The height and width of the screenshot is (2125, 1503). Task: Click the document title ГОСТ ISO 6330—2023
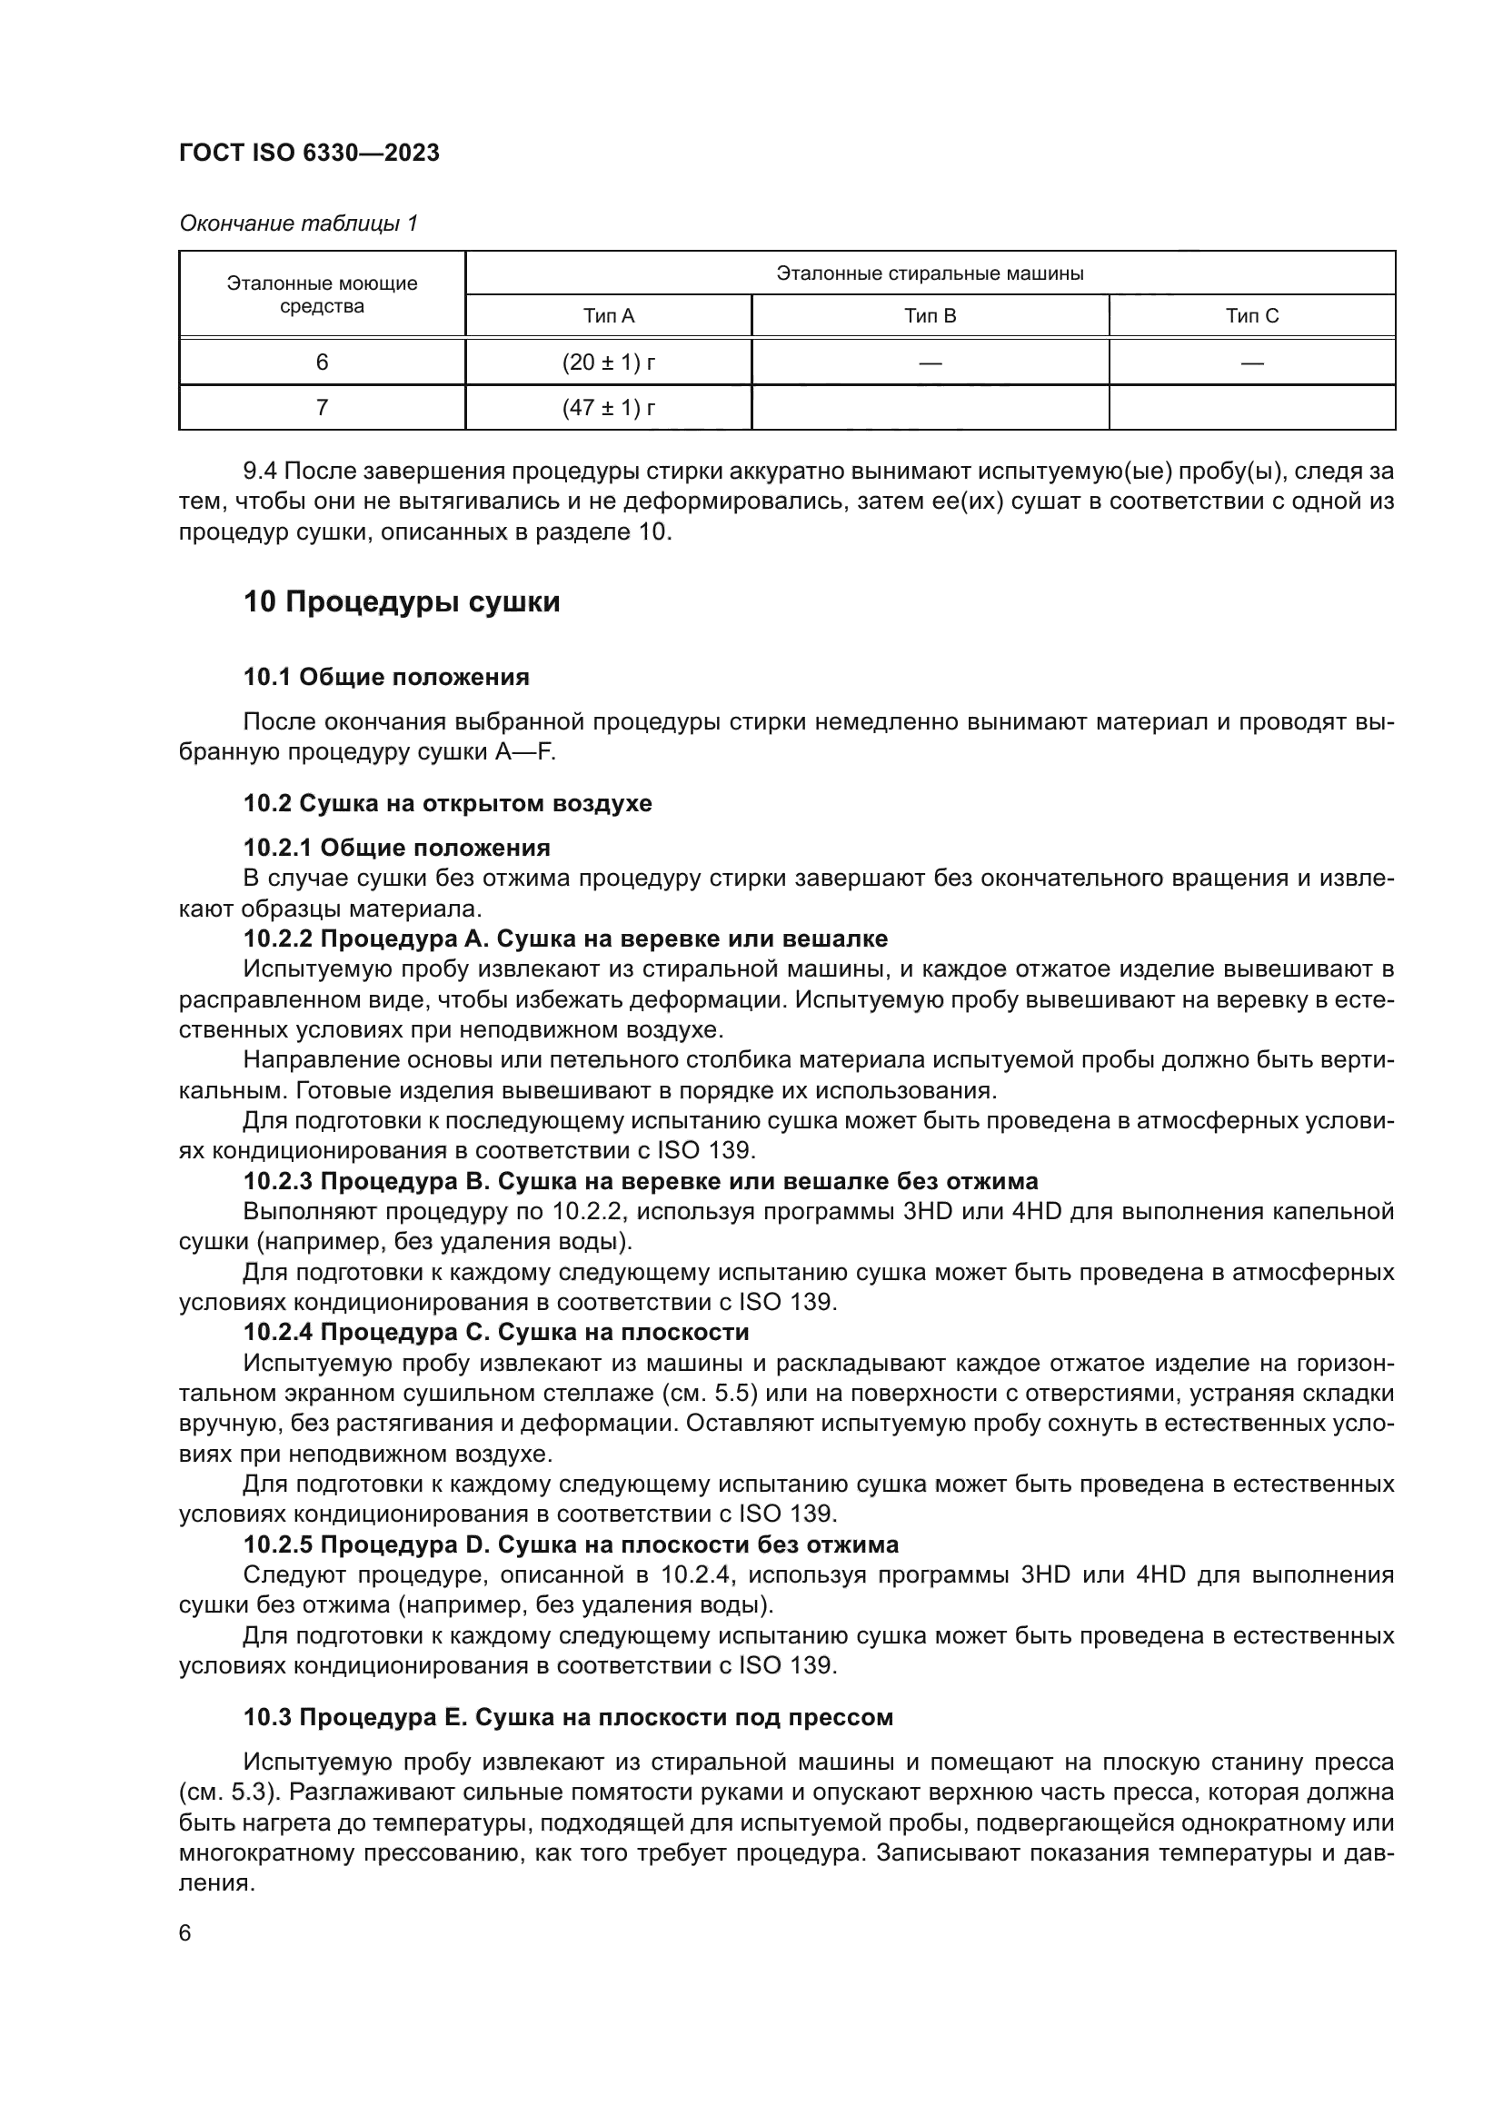[x=309, y=154]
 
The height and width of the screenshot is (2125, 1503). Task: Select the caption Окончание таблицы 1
[x=298, y=223]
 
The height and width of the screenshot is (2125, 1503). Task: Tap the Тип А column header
[x=608, y=316]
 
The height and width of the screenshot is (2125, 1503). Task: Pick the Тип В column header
[x=930, y=316]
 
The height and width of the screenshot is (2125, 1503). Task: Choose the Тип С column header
[x=1251, y=316]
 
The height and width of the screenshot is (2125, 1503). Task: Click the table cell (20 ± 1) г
[x=608, y=362]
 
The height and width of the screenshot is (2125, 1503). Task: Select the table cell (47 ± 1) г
[x=608, y=408]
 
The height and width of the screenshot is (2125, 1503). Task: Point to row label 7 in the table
[x=321, y=408]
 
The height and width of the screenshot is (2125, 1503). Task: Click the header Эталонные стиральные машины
[x=930, y=274]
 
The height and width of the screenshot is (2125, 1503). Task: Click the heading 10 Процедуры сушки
[x=402, y=602]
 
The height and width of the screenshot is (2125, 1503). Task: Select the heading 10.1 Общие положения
[x=386, y=678]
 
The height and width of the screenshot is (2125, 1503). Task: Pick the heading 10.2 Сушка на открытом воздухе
[x=447, y=803]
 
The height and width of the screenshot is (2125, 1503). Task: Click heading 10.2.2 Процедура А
[x=564, y=939]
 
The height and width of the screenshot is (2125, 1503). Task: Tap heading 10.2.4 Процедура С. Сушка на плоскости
[x=496, y=1333]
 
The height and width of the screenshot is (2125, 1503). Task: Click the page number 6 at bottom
[x=185, y=1933]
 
